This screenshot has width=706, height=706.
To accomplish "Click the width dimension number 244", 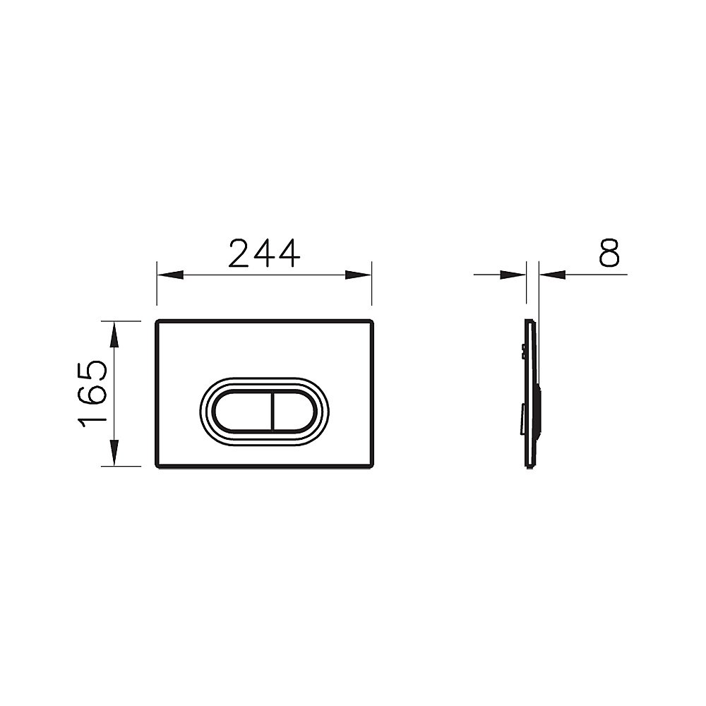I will pos(265,253).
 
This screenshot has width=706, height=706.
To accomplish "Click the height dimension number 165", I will pos(92,393).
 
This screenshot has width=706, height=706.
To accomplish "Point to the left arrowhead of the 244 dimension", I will pos(169,275).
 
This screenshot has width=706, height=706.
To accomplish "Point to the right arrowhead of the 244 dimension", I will pos(359,275).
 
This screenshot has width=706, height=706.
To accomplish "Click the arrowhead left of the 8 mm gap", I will pos(513,275).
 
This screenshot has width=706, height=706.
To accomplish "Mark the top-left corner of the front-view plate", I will pos(157,322).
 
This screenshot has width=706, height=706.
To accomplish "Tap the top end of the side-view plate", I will pos(529,322).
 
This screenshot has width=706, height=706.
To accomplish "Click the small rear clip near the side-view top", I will pos(522,350).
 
